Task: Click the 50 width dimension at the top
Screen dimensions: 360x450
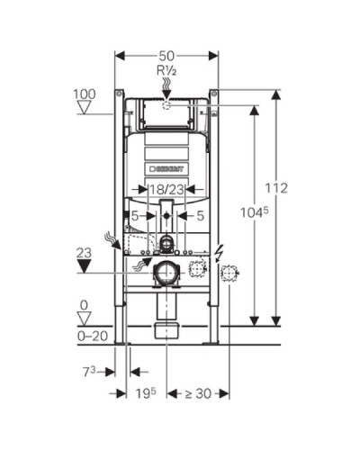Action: pyautogui.click(x=166, y=56)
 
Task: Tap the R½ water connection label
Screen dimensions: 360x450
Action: pyautogui.click(x=166, y=71)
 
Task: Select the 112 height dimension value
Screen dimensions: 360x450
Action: pyautogui.click(x=276, y=188)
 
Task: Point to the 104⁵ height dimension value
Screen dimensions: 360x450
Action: pyautogui.click(x=255, y=212)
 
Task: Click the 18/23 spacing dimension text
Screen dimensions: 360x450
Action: pyautogui.click(x=166, y=189)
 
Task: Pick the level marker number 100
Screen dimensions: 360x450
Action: pyautogui.click(x=85, y=94)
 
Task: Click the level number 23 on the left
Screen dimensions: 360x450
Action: pyautogui.click(x=84, y=253)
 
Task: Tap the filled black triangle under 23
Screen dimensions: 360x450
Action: pyautogui.click(x=84, y=266)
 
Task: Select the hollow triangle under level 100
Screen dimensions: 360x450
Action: pyautogui.click(x=84, y=107)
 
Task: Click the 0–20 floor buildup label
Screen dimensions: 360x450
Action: pyautogui.click(x=93, y=336)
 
